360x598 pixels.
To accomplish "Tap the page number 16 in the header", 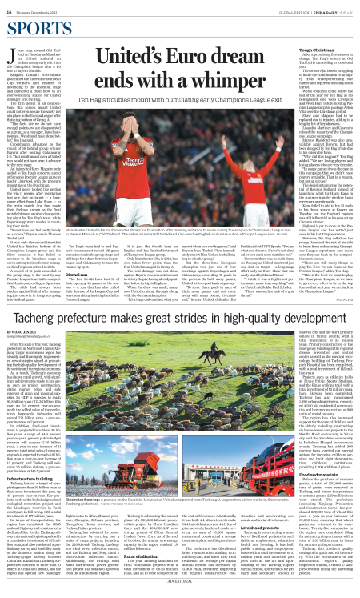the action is pyautogui.click(x=10, y=9).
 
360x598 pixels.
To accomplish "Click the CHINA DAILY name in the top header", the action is pyautogui.click(x=330, y=9).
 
